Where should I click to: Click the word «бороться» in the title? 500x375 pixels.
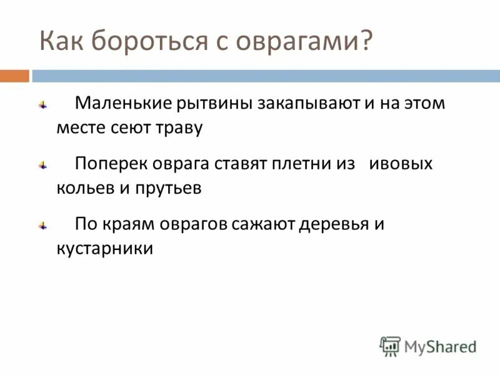144,42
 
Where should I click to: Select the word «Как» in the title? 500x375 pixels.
61,42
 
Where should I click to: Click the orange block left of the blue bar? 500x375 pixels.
14,76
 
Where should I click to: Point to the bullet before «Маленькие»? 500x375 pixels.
42,105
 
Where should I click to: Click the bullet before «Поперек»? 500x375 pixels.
42,166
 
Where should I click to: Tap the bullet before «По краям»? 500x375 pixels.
42,226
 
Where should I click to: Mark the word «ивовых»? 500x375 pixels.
401,164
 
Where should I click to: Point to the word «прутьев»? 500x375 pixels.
168,189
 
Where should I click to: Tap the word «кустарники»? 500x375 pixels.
104,249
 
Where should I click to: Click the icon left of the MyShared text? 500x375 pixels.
390,346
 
